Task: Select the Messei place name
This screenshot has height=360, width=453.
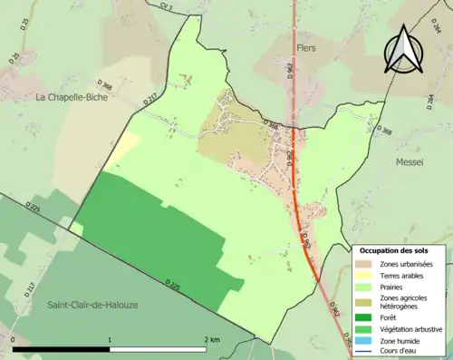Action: coord(410,161)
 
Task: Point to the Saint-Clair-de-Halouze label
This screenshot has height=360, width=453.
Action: coord(92,305)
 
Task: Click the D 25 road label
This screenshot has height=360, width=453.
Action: coord(15,59)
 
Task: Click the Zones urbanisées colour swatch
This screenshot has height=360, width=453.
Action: coord(361,264)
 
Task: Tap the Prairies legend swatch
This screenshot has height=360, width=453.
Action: coord(361,287)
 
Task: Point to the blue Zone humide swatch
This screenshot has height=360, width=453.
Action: coord(361,339)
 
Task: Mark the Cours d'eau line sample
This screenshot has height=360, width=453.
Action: coord(361,350)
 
